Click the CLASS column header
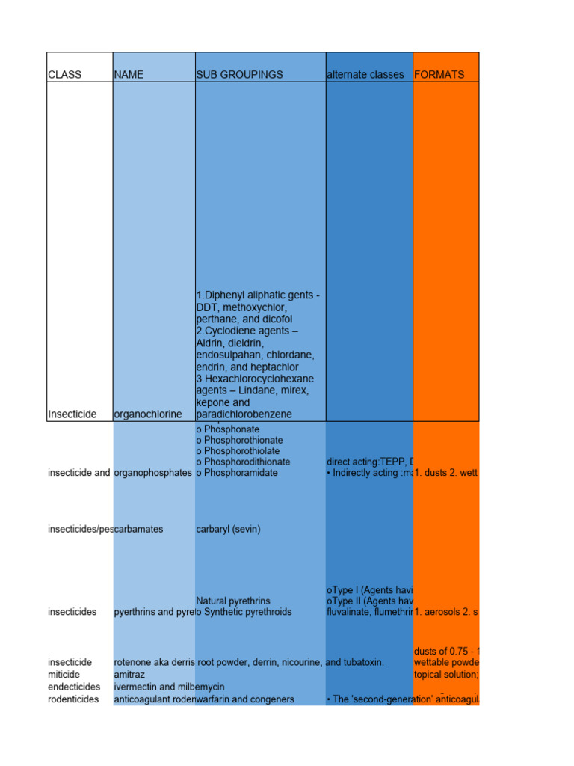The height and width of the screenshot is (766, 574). [65, 75]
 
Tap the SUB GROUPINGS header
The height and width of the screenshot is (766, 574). [239, 75]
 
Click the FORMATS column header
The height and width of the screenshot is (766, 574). [439, 75]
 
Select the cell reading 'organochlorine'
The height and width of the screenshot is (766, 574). [147, 414]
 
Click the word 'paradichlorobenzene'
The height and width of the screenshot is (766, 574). [240, 414]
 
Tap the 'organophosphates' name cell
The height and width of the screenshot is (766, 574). [152, 473]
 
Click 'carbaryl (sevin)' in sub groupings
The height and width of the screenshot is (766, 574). [228, 529]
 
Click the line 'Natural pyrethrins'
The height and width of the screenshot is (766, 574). [233, 601]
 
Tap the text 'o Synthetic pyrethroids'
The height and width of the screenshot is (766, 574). [244, 612]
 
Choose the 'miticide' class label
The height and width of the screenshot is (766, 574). [65, 674]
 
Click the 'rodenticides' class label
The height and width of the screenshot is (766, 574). [73, 699]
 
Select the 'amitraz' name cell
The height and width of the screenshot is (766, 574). [129, 674]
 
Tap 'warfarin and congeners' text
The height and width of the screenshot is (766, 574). [245, 699]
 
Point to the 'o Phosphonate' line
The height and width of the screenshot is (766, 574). [228, 429]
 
